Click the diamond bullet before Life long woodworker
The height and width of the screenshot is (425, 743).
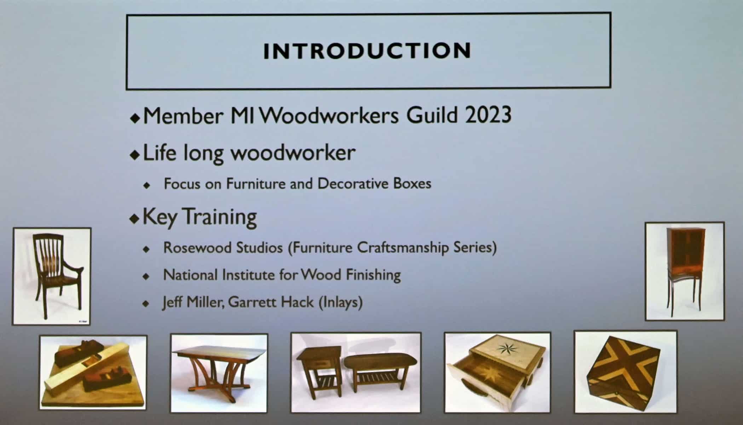point(135,155)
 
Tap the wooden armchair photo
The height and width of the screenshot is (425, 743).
point(52,276)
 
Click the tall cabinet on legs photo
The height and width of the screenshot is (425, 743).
point(685,272)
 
